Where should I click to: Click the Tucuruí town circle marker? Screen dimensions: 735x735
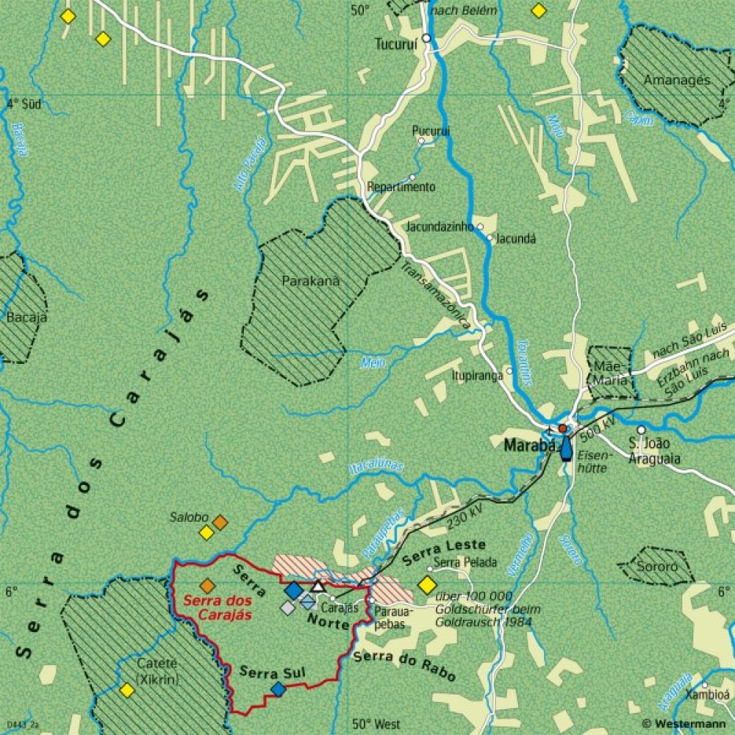[426, 37]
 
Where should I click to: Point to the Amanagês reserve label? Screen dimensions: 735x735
[677, 80]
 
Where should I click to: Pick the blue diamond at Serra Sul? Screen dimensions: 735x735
[278, 689]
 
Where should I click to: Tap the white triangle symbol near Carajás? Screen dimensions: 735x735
[318, 586]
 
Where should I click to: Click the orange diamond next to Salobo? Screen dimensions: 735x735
[220, 523]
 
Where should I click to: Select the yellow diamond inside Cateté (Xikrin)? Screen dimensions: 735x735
[127, 690]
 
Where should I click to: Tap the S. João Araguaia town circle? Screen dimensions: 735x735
[642, 429]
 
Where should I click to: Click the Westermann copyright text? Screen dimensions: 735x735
[686, 723]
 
